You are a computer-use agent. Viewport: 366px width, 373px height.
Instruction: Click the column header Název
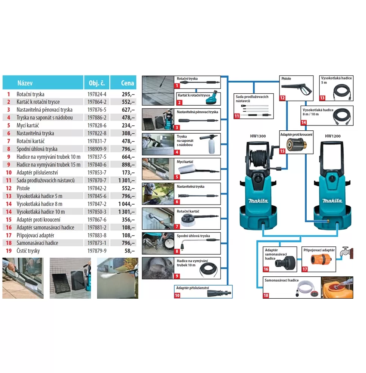25,83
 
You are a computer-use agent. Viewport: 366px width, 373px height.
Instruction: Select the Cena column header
127,83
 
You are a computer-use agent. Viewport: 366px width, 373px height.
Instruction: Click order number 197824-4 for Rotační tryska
97,94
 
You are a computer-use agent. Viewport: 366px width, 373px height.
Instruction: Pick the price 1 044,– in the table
126,204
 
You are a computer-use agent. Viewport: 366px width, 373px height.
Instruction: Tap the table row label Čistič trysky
28,251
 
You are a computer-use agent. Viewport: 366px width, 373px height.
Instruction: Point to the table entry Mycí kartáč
28,125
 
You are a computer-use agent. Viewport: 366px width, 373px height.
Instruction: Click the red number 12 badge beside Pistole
282,98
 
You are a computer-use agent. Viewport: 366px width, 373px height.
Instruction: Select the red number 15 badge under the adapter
282,151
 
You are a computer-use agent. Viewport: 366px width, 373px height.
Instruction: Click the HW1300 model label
258,136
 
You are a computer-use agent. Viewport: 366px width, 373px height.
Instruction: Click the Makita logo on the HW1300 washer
258,201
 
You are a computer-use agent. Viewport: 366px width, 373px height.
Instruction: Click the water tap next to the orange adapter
345,252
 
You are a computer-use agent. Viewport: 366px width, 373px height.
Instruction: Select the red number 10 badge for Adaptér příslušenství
177,295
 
